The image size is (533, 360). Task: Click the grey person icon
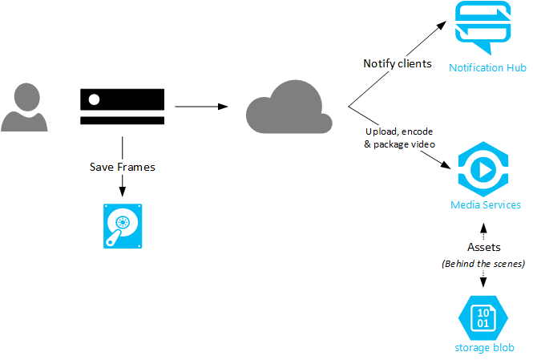pyautogui.click(x=23, y=107)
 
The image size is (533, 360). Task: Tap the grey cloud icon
pyautogui.click(x=288, y=107)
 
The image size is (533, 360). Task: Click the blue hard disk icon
pyautogui.click(x=121, y=226)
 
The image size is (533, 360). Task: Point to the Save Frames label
pyautogui.click(x=121, y=167)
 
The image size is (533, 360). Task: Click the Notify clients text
pyautogui.click(x=398, y=63)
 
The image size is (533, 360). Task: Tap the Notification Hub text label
pyautogui.click(x=487, y=68)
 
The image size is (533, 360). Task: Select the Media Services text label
pyautogui.click(x=486, y=205)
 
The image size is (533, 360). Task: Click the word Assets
pyautogui.click(x=483, y=247)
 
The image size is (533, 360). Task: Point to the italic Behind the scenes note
pyautogui.click(x=483, y=264)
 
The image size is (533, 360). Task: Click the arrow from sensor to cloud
pyautogui.click(x=200, y=105)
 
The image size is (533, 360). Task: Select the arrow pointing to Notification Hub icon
pyautogui.click(x=396, y=65)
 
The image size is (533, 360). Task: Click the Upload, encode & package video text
pyautogui.click(x=400, y=136)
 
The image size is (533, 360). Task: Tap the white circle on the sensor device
pyautogui.click(x=95, y=100)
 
